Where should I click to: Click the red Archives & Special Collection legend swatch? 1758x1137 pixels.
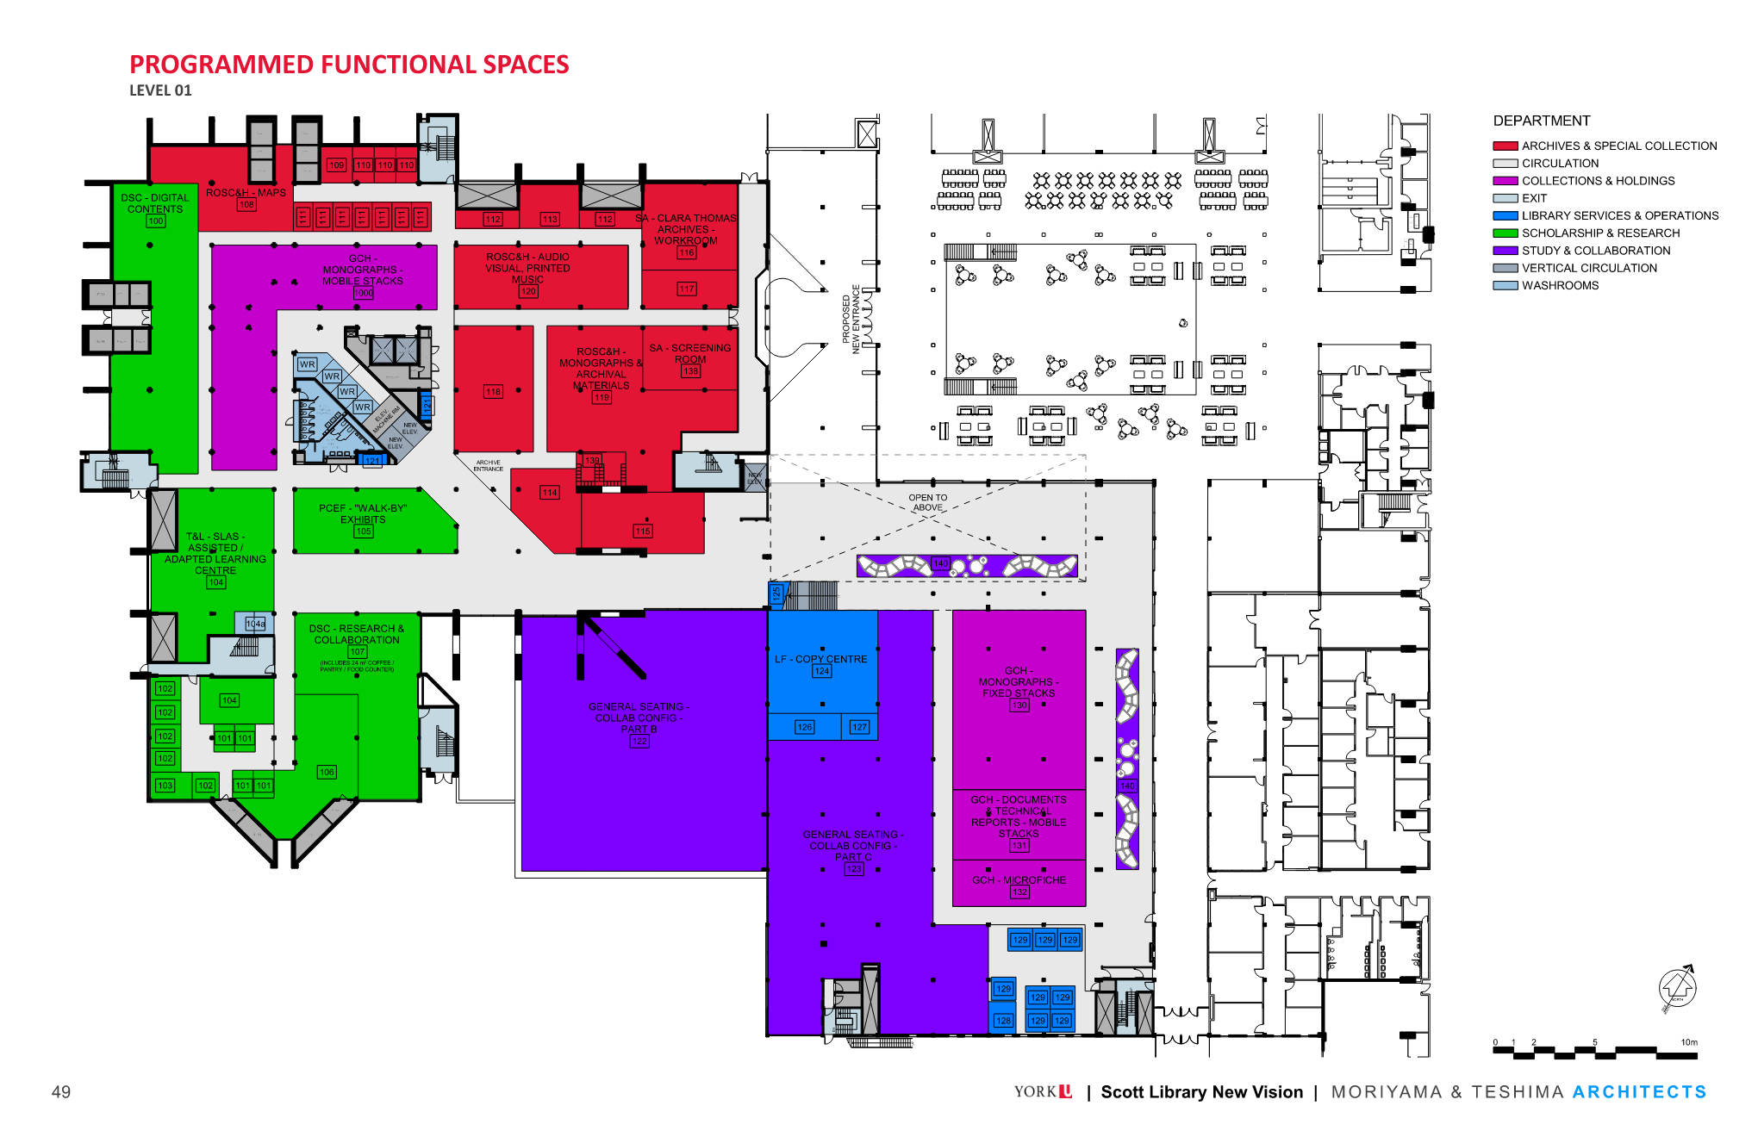pos(1505,146)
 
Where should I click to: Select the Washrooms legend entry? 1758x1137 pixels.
pos(1559,286)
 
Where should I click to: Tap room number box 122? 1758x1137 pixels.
pos(639,741)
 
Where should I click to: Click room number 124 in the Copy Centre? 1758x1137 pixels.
pos(822,671)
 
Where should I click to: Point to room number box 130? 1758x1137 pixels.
pos(1019,705)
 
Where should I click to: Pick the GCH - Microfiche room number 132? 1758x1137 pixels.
pos(1019,892)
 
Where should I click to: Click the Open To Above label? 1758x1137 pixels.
pos(927,502)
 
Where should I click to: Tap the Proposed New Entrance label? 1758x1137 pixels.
pos(851,320)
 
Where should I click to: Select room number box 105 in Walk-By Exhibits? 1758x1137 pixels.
pos(363,531)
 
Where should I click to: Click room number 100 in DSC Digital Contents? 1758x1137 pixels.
pos(155,221)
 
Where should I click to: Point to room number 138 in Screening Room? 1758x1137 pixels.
pos(690,371)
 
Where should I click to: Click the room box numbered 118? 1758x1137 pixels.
pos(493,392)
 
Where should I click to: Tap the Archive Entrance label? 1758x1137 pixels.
pos(488,466)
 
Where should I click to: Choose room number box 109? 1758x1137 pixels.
pos(336,165)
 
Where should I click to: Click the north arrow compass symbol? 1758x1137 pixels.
pos(1677,987)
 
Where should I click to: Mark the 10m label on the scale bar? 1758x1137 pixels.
pos(1688,1042)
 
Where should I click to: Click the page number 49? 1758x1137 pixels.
pos(61,1092)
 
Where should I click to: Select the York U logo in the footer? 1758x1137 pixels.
pos(1043,1091)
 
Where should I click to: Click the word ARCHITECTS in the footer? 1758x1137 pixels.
pos(1638,1092)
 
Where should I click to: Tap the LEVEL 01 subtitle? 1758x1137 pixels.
pos(160,90)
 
